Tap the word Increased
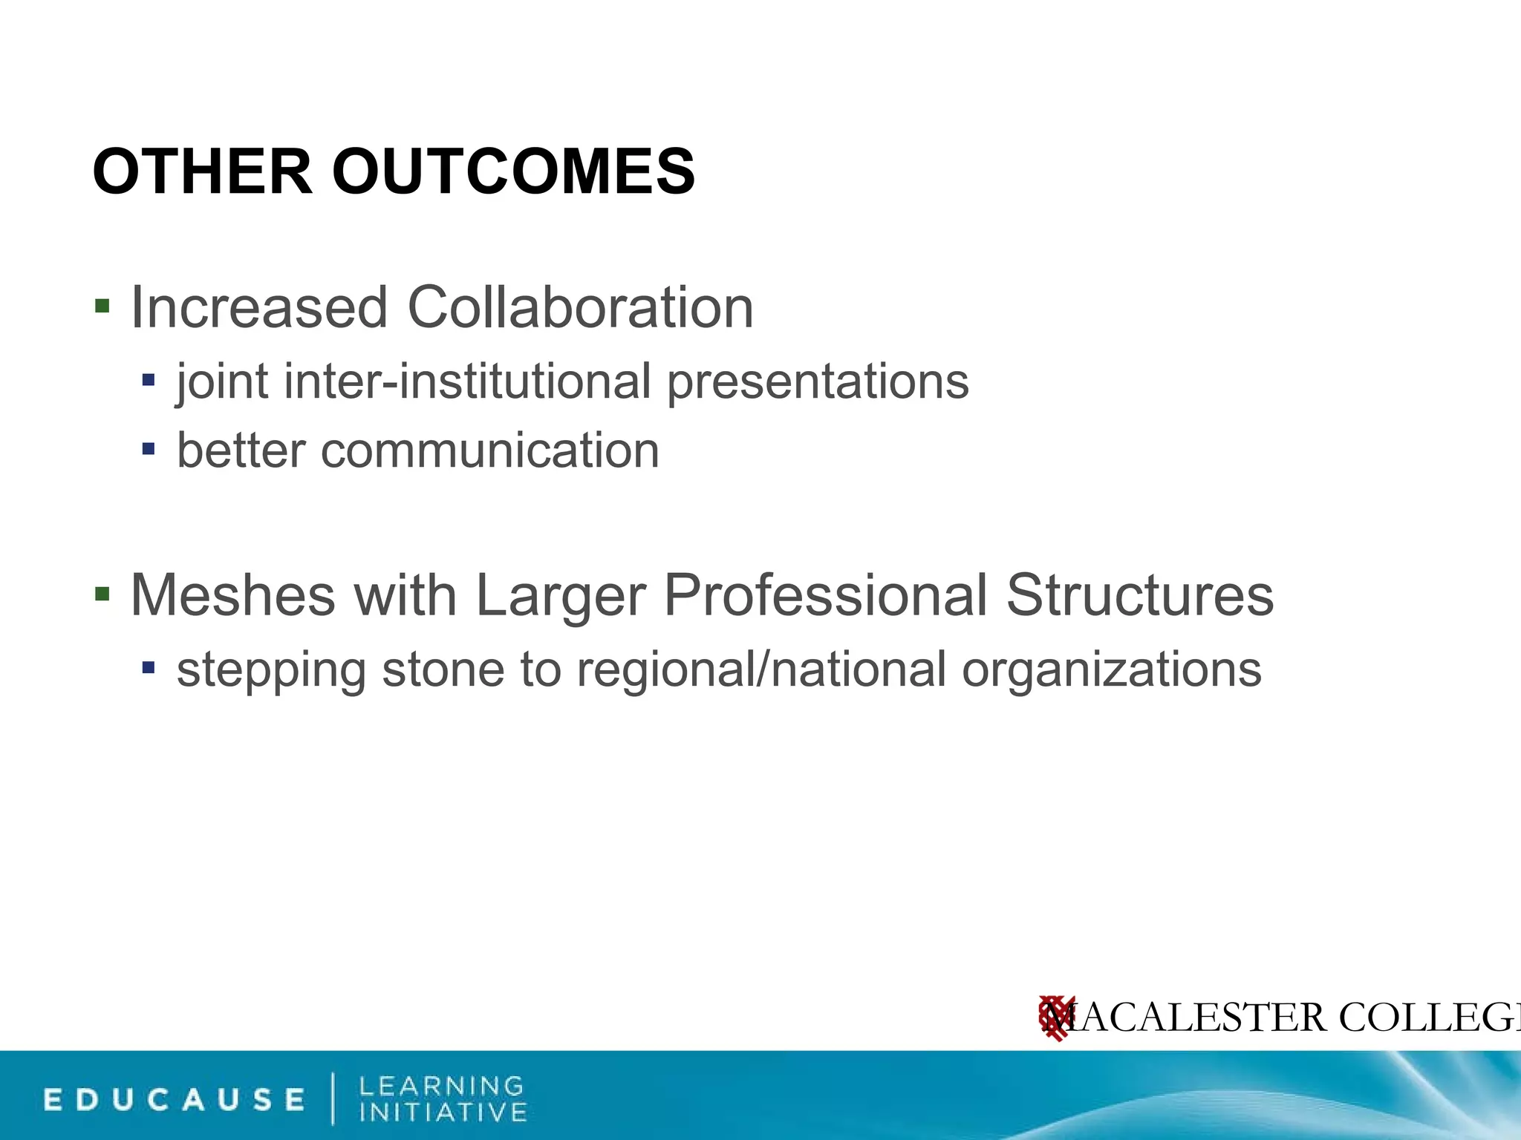(x=259, y=307)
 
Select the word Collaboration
(x=580, y=307)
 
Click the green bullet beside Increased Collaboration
(x=102, y=306)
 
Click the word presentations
(x=818, y=383)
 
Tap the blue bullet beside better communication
(x=149, y=449)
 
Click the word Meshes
(x=232, y=595)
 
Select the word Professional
(x=825, y=595)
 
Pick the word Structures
(x=1140, y=595)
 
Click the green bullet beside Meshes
(x=102, y=594)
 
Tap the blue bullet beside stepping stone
(x=149, y=668)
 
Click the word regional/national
(x=761, y=669)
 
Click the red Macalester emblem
(x=1055, y=1018)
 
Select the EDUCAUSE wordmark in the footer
(x=175, y=1099)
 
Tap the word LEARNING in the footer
(x=442, y=1086)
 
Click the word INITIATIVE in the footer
(x=443, y=1113)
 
